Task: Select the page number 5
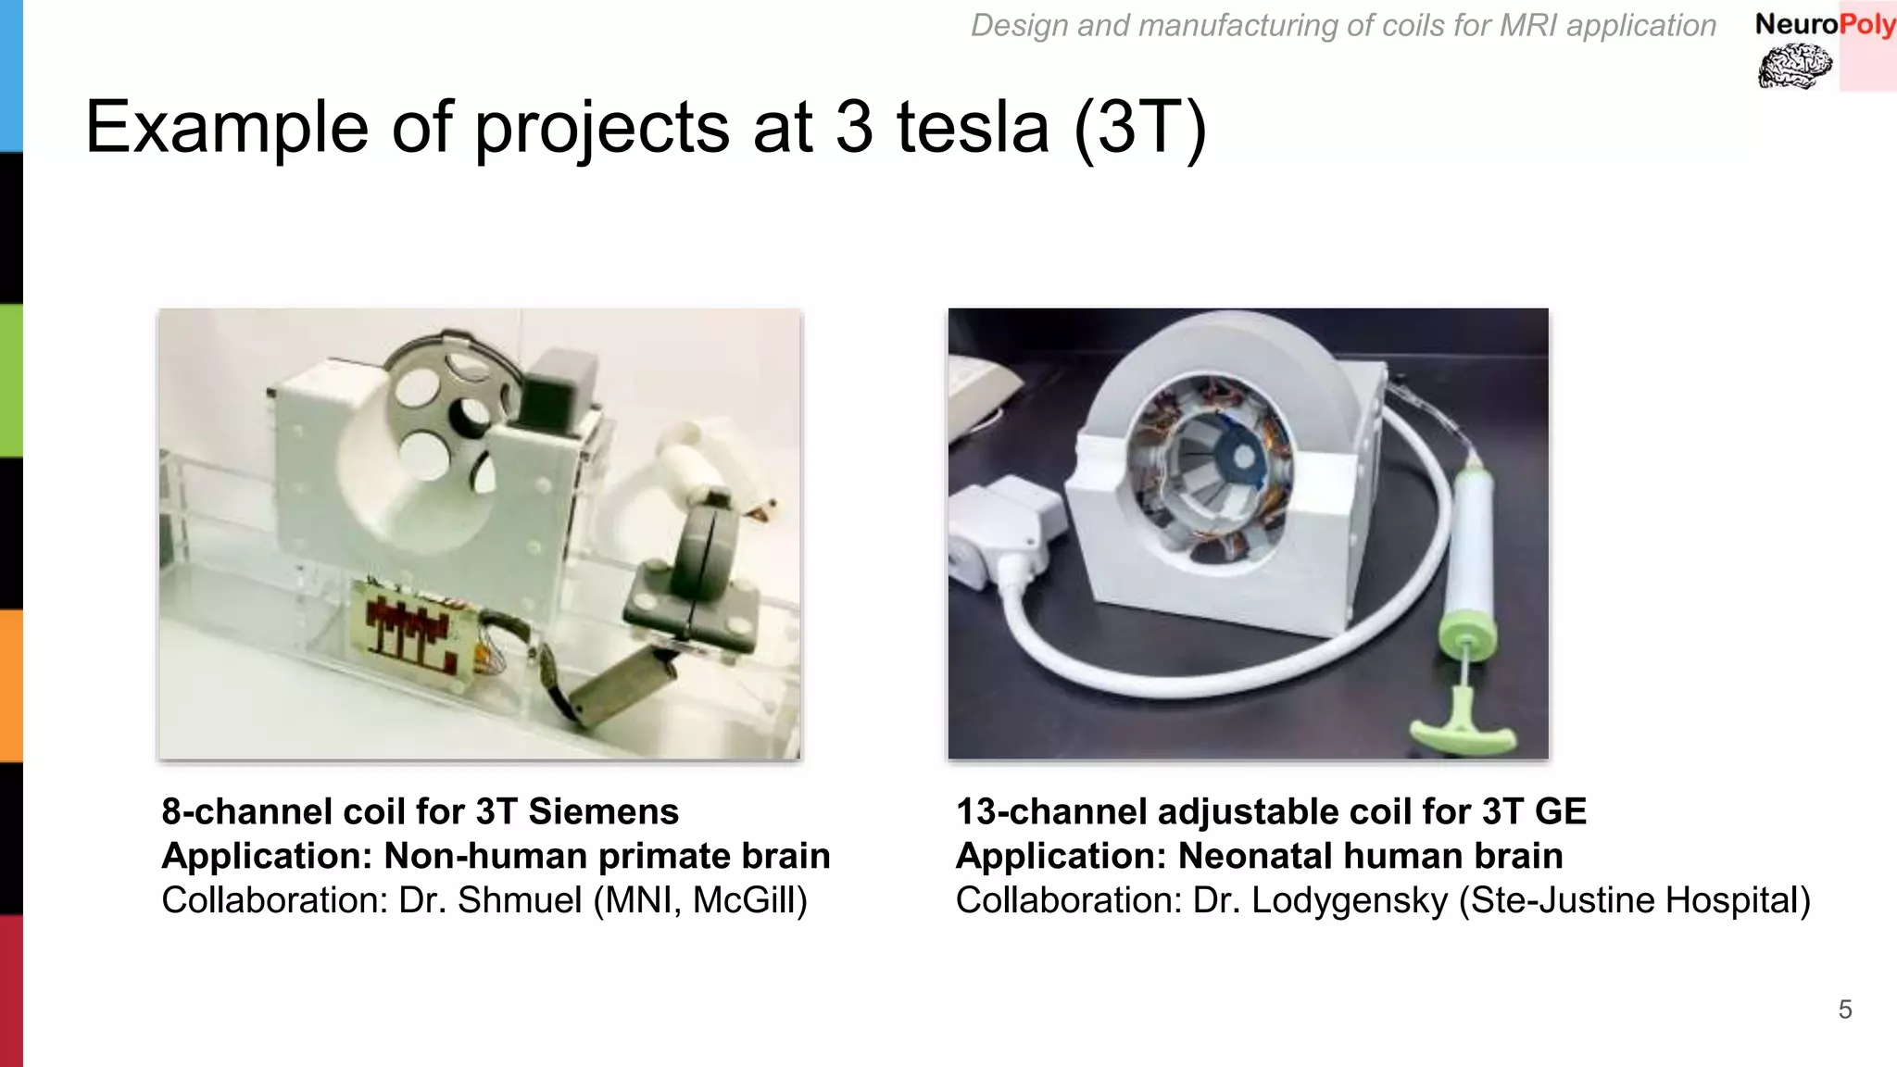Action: coord(1844,1010)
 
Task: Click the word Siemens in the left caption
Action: coord(603,811)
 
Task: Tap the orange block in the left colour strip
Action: coord(11,685)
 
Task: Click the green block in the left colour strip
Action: coord(11,381)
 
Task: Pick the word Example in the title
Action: coord(226,127)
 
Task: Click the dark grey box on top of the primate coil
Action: coord(558,387)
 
